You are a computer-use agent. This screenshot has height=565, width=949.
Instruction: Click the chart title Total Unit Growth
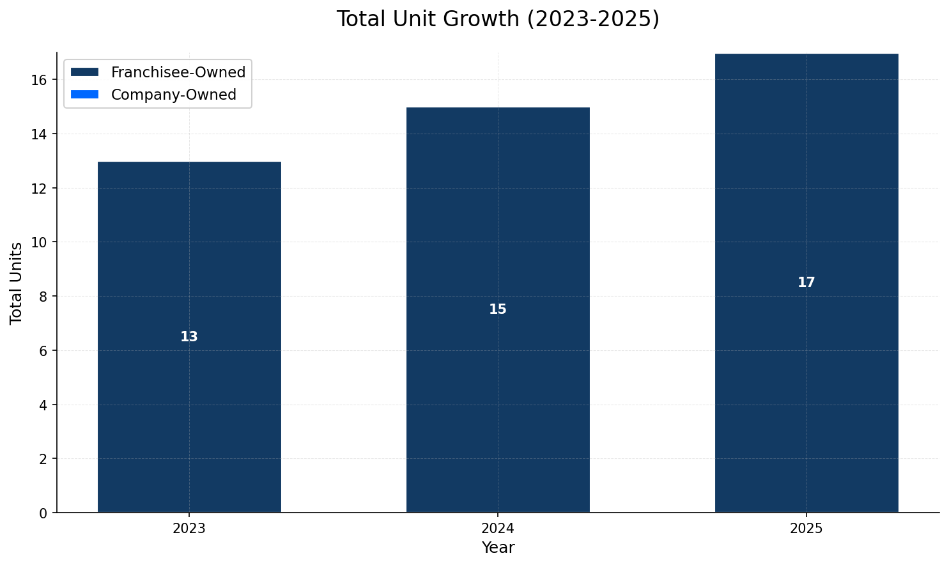coord(497,19)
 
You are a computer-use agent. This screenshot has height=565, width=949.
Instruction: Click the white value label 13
coord(189,337)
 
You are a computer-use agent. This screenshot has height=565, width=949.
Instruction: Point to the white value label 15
coord(498,309)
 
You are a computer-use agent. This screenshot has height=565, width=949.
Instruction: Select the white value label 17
coord(806,282)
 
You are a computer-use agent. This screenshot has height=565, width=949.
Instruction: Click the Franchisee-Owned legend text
coord(178,72)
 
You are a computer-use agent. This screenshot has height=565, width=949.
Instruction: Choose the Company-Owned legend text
coord(174,95)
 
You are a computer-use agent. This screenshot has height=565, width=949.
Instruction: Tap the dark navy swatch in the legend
coord(85,72)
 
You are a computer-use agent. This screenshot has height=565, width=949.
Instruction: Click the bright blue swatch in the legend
coord(85,95)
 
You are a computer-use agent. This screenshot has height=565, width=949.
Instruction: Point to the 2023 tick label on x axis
coord(189,529)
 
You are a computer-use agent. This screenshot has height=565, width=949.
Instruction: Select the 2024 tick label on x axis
coord(498,529)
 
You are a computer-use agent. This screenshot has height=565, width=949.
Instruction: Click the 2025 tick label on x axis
coord(806,529)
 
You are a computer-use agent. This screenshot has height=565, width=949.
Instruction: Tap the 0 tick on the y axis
coord(43,513)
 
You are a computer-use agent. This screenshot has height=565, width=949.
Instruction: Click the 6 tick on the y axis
coord(43,351)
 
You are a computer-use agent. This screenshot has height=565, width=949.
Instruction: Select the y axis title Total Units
coord(17,282)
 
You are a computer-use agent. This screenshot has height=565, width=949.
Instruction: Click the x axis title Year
coord(498,548)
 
